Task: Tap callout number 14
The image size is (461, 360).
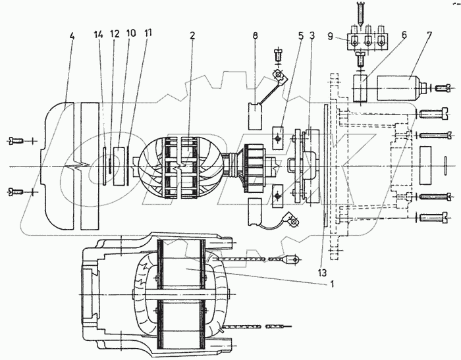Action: tap(99, 34)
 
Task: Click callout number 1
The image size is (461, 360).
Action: tap(333, 284)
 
